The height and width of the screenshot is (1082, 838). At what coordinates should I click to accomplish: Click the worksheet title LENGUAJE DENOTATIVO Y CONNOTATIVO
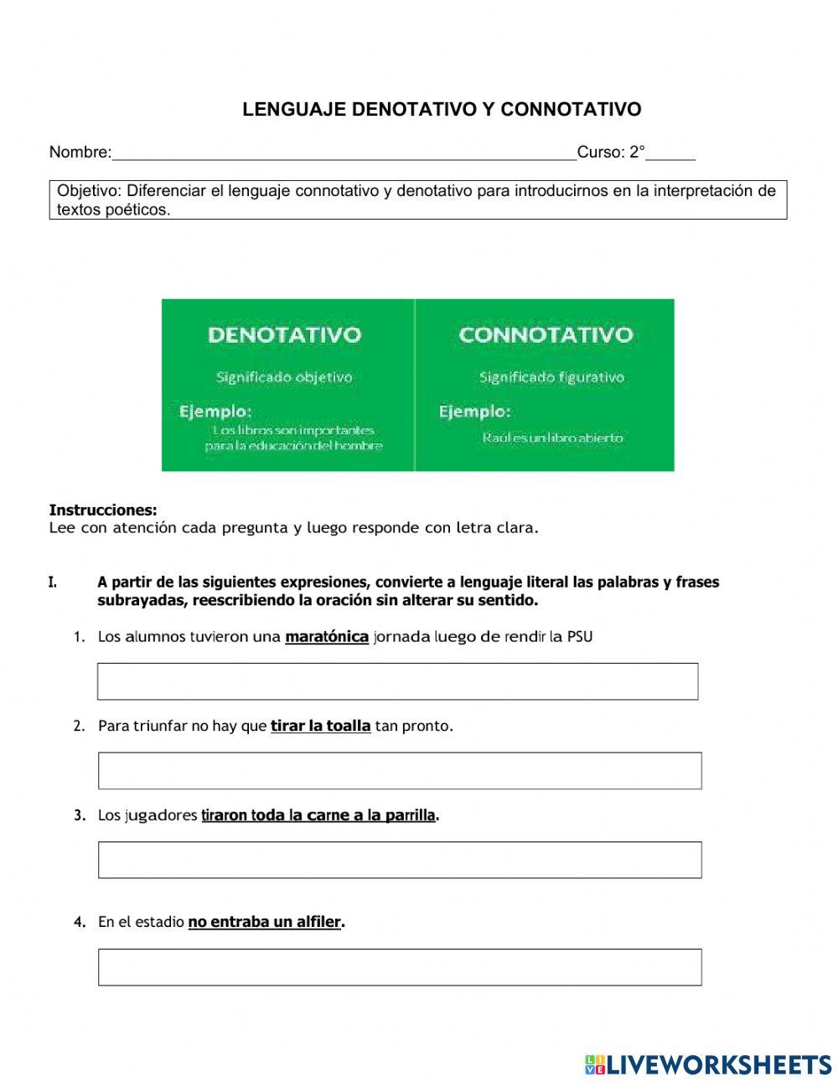[442, 110]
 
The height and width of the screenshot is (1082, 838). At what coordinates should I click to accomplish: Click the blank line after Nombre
[344, 153]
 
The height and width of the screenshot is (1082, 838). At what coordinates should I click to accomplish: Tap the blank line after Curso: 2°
[670, 153]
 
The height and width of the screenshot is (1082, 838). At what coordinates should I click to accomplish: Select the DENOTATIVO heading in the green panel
[284, 335]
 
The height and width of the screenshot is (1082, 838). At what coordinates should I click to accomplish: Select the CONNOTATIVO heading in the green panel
[546, 335]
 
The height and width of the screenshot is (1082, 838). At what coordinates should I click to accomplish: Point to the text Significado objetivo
[284, 377]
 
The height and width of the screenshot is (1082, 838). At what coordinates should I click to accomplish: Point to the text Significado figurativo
[551, 377]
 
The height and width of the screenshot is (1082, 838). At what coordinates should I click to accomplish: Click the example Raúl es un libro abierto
[552, 437]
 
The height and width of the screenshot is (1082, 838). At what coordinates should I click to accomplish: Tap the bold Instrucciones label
[103, 510]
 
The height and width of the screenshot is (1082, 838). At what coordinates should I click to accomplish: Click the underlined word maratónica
[327, 637]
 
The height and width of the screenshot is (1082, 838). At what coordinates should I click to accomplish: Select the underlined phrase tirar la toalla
[320, 726]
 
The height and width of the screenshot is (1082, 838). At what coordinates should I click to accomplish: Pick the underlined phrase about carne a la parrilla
[318, 815]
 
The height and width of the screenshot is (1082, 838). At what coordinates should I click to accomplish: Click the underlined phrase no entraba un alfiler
[265, 922]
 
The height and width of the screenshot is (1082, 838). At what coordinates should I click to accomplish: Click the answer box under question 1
[397, 681]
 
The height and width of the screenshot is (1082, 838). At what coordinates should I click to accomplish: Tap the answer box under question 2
[400, 770]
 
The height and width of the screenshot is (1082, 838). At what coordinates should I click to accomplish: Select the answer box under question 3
[400, 860]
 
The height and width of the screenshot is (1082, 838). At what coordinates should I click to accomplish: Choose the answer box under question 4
[400, 967]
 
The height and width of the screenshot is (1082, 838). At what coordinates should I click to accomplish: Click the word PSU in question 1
[580, 637]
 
